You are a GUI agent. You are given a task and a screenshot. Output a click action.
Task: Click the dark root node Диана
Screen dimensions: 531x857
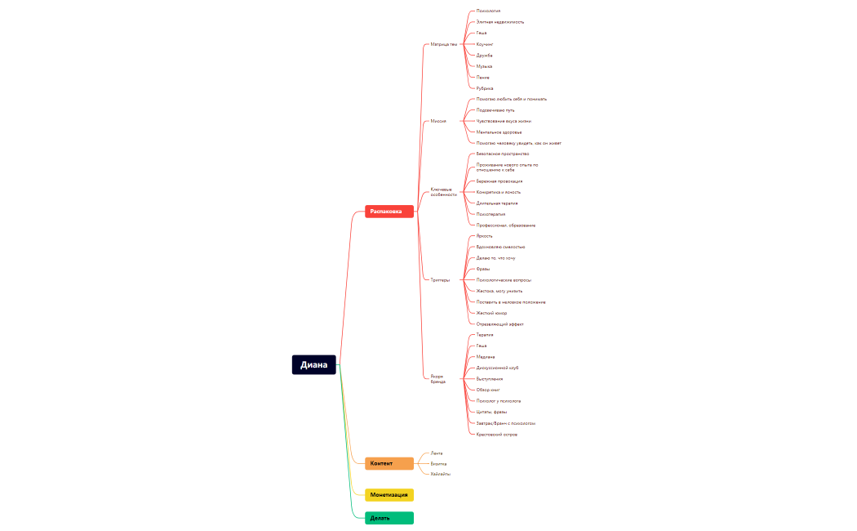314,365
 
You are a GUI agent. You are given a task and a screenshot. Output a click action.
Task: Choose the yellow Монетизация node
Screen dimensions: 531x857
389,494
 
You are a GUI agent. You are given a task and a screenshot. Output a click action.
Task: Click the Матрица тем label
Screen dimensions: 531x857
444,44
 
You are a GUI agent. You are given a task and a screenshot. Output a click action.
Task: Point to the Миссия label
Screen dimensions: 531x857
438,121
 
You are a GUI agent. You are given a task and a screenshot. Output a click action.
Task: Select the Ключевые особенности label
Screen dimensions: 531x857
444,192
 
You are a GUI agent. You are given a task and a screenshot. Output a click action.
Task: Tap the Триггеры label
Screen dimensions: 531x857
440,280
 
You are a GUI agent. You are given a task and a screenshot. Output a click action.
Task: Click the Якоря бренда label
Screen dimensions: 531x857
438,379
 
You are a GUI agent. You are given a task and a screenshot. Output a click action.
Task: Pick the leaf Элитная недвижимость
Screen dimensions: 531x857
500,22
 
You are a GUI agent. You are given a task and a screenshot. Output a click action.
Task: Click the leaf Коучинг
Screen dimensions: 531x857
485,44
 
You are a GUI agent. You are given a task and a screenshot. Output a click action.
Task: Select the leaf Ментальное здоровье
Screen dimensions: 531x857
499,132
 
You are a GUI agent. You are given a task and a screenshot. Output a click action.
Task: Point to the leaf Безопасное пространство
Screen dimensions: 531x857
503,154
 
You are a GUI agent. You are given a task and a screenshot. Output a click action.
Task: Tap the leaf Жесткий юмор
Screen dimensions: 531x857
491,313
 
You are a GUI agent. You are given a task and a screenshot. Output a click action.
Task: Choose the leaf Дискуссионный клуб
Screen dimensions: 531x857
497,368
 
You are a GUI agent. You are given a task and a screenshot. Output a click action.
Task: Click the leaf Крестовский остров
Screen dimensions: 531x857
496,434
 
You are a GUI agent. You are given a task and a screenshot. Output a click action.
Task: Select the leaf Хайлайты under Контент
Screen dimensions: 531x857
441,474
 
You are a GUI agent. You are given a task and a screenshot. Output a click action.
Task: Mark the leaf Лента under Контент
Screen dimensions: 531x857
437,453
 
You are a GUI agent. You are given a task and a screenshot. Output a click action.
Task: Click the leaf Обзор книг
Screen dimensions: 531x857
488,390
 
